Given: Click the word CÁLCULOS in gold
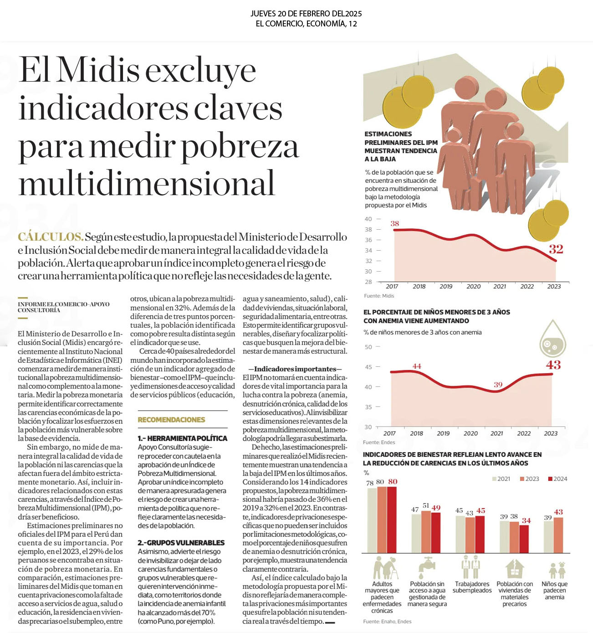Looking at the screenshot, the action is tap(51, 237).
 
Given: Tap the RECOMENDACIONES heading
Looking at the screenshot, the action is tap(171, 420).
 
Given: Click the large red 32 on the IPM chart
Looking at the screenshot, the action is tap(556, 249).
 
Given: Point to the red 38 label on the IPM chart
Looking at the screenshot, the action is tap(395, 223).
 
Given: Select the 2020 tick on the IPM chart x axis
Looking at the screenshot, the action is tap(474, 287).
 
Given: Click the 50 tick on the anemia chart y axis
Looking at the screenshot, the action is tap(368, 347).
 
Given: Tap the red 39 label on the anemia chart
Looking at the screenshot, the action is tap(498, 385).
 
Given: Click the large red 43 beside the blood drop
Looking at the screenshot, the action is tap(553, 365).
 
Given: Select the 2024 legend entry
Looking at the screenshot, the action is tap(557, 479).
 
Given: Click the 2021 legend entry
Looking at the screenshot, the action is tap(501, 479).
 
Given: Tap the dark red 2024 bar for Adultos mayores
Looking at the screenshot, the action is tap(392, 520).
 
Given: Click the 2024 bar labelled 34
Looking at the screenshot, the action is tap(524, 539).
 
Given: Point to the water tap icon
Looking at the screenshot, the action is tap(427, 568).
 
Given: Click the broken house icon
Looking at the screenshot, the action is tap(515, 568).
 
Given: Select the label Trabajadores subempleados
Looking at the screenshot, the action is tap(472, 587).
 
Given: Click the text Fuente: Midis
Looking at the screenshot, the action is tap(379, 296).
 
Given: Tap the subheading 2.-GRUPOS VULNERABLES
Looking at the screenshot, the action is tap(181, 542).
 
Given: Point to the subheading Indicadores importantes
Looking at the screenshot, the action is tap(295, 369).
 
